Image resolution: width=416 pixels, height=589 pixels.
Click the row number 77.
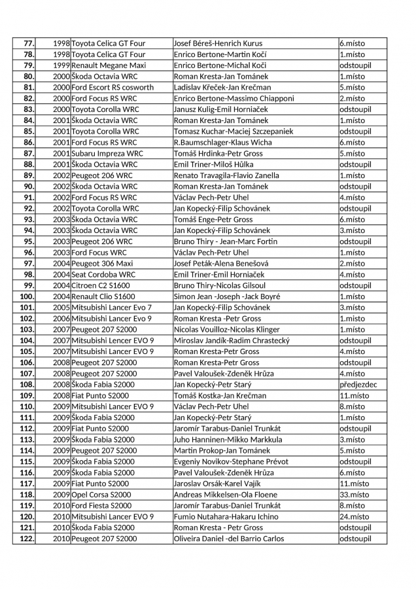click(x=29, y=43)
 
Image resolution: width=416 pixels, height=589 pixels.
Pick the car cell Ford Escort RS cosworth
click(x=113, y=88)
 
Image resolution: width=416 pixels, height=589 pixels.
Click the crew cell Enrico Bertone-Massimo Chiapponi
click(x=234, y=99)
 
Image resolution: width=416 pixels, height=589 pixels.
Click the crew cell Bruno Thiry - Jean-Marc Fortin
click(x=226, y=241)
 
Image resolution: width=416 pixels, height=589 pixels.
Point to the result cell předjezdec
click(x=358, y=384)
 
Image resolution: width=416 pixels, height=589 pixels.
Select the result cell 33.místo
click(x=354, y=494)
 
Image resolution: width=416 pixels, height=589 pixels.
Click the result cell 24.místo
click(x=354, y=516)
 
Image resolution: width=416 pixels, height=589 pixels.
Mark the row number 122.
click(x=27, y=539)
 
